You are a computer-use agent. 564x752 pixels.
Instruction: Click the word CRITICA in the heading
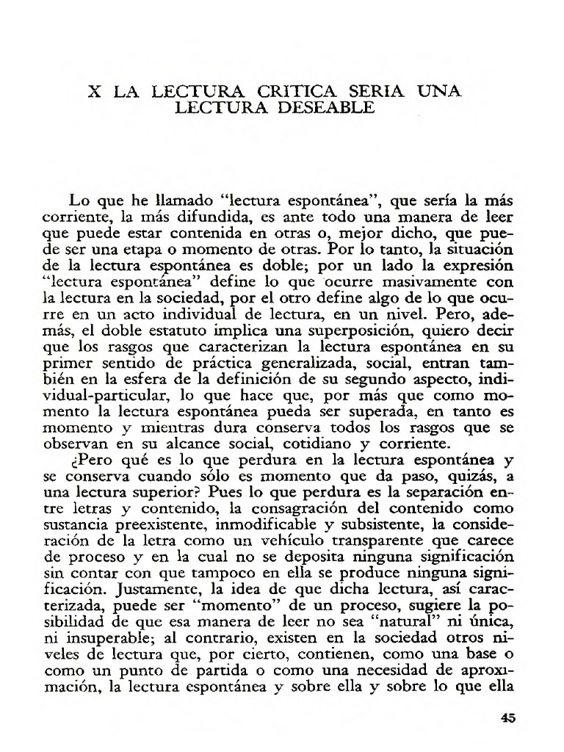click(297, 92)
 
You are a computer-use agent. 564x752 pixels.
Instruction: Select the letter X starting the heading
click(95, 92)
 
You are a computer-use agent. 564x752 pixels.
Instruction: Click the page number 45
click(507, 718)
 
